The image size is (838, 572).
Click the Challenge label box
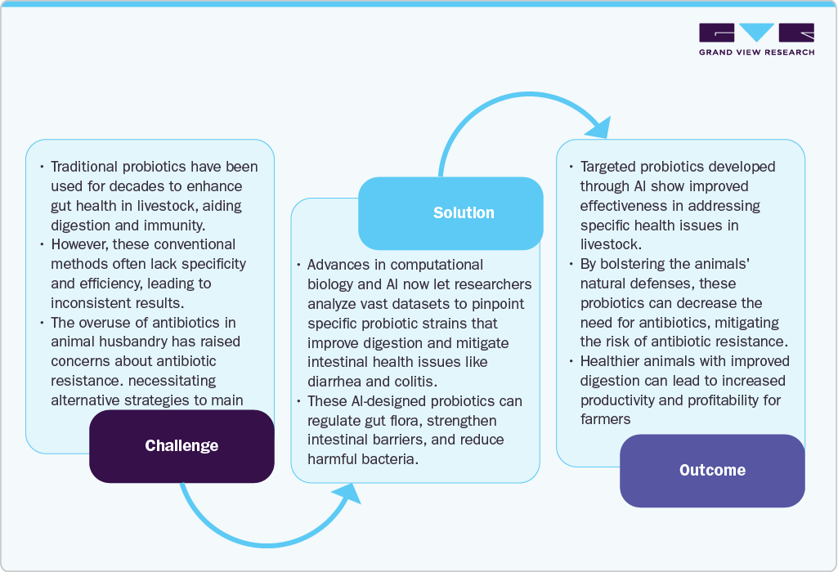tap(181, 446)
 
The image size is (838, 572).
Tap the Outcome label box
tap(712, 471)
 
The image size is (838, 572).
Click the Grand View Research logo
tap(756, 39)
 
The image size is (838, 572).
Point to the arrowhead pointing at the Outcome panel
tap(599, 127)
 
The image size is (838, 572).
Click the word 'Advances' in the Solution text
tap(338, 265)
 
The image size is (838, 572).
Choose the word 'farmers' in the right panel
tap(605, 420)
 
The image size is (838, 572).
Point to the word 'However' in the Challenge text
tap(78, 244)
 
